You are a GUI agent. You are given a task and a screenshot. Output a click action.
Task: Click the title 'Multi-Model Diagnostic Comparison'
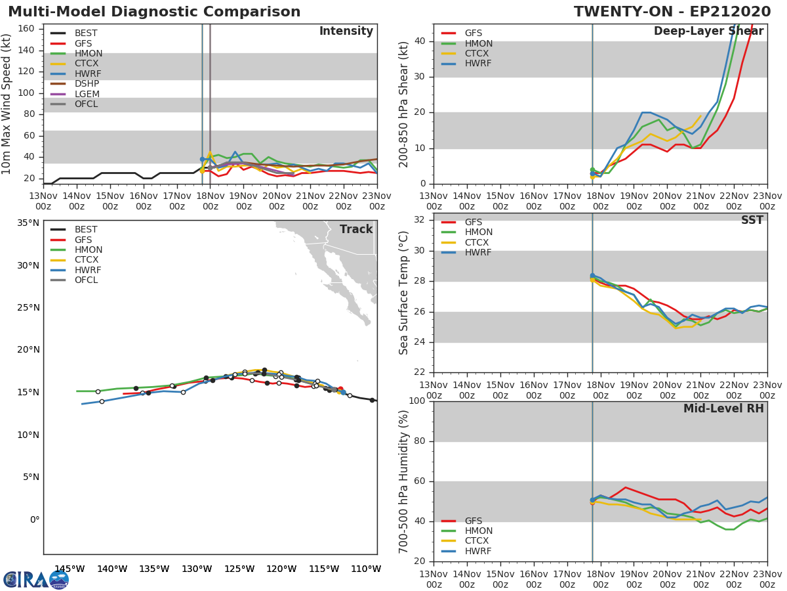tap(154, 12)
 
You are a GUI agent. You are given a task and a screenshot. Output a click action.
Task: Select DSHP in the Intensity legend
tap(87, 84)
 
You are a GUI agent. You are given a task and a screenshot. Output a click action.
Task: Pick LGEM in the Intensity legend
tap(87, 94)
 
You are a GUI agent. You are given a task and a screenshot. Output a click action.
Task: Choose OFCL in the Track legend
tap(87, 280)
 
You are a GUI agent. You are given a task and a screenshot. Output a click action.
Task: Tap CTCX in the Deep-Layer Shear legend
tap(477, 54)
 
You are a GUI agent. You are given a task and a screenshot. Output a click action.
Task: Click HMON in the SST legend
tap(478, 232)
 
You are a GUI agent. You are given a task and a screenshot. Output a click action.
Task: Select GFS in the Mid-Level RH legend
tap(474, 521)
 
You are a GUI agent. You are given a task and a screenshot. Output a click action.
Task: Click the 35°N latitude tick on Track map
tap(28, 223)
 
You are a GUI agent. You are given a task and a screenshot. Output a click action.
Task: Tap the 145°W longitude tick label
tap(70, 569)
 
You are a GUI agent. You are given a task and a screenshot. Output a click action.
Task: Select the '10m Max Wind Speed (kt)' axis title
tap(7, 104)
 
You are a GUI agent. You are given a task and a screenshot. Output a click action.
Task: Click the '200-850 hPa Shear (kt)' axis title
tap(405, 104)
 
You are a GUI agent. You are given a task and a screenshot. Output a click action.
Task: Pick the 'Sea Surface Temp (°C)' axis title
tap(405, 293)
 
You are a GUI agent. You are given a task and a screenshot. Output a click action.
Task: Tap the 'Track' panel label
tap(355, 229)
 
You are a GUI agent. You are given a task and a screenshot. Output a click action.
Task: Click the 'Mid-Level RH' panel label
tap(723, 408)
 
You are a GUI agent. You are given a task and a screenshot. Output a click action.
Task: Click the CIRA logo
tap(36, 580)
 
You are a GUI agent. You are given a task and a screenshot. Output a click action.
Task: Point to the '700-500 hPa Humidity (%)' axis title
tap(405, 481)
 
